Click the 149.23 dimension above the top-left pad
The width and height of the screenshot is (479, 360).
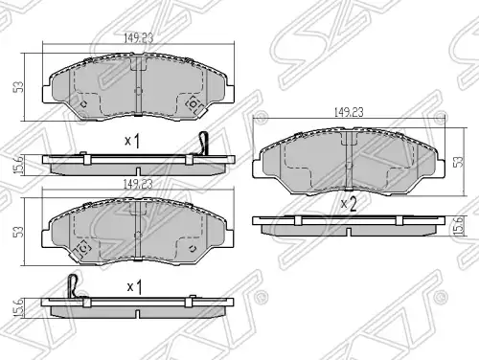138,38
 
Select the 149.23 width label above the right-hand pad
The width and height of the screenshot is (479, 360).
349,112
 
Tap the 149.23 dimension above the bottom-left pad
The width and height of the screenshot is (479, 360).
138,184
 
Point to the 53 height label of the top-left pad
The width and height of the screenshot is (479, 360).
18,87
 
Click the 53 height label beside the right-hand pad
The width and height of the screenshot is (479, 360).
459,162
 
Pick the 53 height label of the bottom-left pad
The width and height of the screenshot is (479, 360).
18,232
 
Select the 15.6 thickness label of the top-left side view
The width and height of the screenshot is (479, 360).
19,165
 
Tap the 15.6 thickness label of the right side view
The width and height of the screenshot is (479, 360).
458,226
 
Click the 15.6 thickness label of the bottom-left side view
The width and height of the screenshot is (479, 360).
19,307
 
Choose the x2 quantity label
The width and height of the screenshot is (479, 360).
348,204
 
